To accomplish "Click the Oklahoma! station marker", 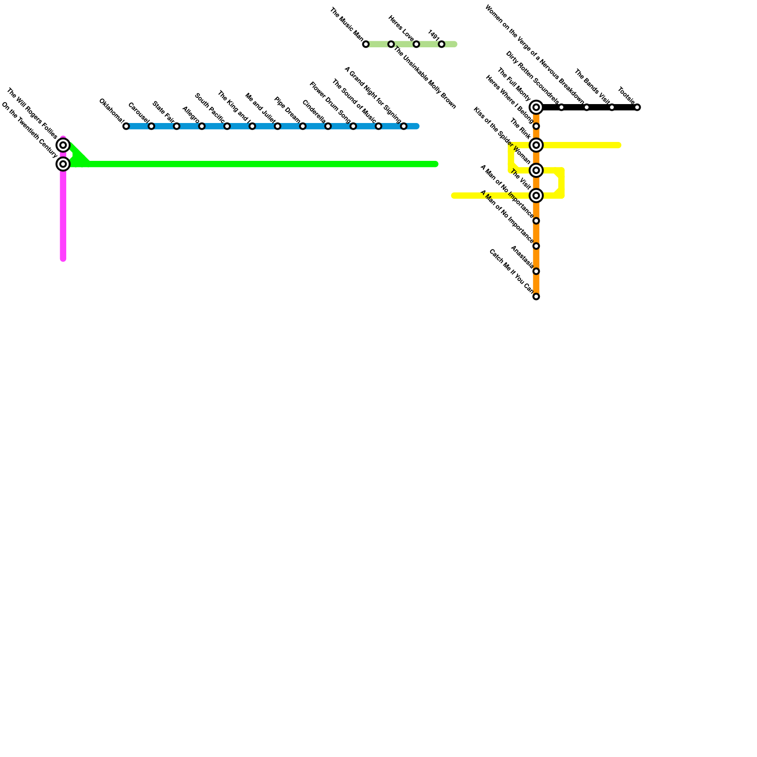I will (126, 126).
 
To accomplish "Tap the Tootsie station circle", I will (637, 107).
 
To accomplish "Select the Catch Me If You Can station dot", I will (536, 297).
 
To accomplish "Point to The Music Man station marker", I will (366, 44).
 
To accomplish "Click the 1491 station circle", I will (441, 44).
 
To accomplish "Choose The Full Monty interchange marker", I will (536, 107).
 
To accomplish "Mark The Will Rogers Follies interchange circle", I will (63, 145).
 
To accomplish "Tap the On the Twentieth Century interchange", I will (63, 164).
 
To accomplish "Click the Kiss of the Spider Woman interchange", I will (536, 170).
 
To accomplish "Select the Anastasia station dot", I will (536, 271).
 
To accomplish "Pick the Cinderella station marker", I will (328, 126).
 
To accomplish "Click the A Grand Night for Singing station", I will (404, 126).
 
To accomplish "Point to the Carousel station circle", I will (151, 126).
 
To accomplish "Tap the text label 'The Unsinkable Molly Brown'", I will (424, 78).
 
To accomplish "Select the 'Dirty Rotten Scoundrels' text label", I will (532, 78).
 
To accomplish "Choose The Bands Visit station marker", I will (612, 107).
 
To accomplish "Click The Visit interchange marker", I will (536, 195).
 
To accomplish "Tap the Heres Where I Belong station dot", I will (536, 126).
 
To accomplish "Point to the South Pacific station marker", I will (227, 126).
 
